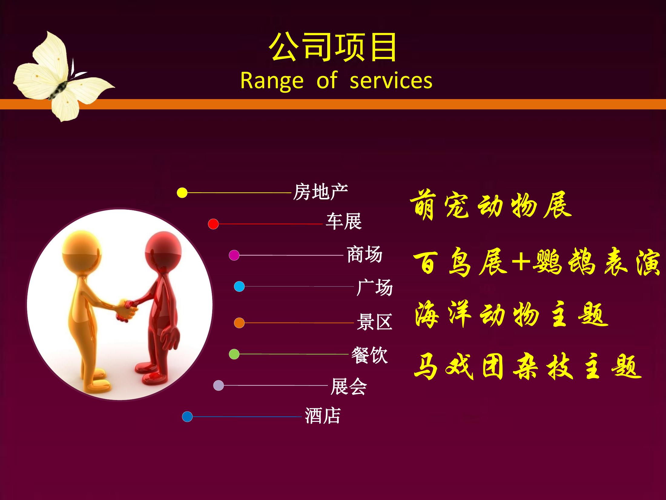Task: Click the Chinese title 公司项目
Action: (x=333, y=47)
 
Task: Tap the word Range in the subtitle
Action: (x=272, y=81)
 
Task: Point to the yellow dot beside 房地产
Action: (x=182, y=192)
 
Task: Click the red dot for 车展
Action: (x=213, y=224)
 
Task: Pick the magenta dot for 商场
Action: (x=234, y=255)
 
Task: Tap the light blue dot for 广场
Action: (x=239, y=286)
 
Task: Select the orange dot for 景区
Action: (x=239, y=323)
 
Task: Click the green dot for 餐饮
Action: (x=234, y=354)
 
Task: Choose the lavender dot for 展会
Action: (x=219, y=385)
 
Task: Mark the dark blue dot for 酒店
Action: (x=187, y=417)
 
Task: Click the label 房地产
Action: (x=320, y=192)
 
